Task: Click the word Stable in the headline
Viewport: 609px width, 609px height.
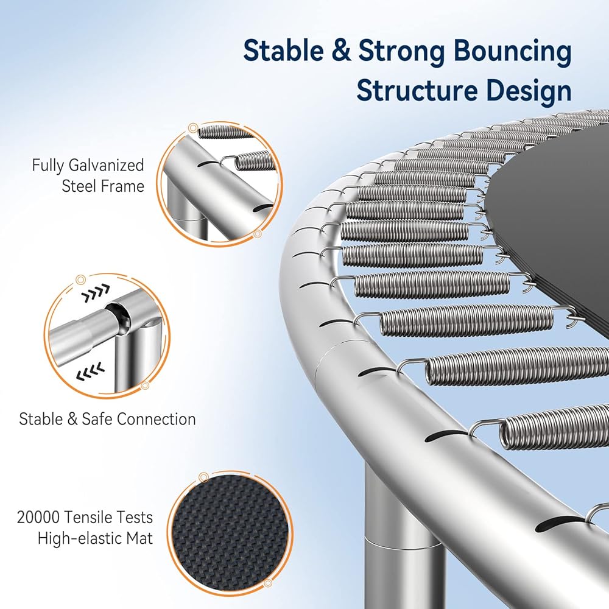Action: pyautogui.click(x=284, y=51)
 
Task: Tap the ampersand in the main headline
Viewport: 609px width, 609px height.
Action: pyautogui.click(x=342, y=51)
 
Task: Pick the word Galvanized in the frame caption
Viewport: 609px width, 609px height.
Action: pyautogui.click(x=106, y=165)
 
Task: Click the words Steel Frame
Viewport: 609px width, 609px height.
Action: pyautogui.click(x=103, y=186)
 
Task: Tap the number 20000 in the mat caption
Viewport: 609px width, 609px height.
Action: pyautogui.click(x=38, y=517)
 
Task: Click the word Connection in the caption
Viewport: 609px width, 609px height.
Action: pyautogui.click(x=156, y=419)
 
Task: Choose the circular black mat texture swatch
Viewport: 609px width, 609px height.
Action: pyautogui.click(x=230, y=535)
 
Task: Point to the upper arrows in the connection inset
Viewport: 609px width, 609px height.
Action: pyautogui.click(x=96, y=294)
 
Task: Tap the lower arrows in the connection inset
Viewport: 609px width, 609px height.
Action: pyautogui.click(x=91, y=372)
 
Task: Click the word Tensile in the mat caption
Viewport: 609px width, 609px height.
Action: pyautogui.click(x=88, y=517)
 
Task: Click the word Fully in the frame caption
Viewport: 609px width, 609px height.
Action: pyautogui.click(x=48, y=165)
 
